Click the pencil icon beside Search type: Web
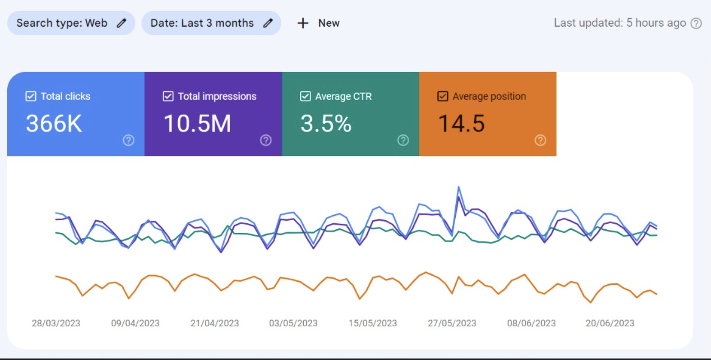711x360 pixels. pyautogui.click(x=122, y=23)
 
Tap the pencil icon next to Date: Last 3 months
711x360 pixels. pyautogui.click(x=268, y=23)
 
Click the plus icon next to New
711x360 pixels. pyautogui.click(x=303, y=23)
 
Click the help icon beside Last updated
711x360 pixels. pyautogui.click(x=696, y=23)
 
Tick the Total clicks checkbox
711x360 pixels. pyautogui.click(x=31, y=96)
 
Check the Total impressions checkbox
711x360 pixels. pyautogui.click(x=168, y=96)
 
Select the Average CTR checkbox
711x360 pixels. pyautogui.click(x=305, y=96)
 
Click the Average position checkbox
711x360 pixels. pyautogui.click(x=443, y=96)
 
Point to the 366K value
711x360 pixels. pyautogui.click(x=54, y=124)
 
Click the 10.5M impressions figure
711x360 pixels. pyautogui.click(x=197, y=124)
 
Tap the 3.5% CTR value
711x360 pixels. pyautogui.click(x=326, y=124)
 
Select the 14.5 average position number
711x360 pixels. pyautogui.click(x=461, y=124)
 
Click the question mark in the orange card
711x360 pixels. pyautogui.click(x=540, y=140)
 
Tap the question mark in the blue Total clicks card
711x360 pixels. pyautogui.click(x=129, y=140)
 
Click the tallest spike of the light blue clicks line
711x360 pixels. pyautogui.click(x=458, y=187)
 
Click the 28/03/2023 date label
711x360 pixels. pyautogui.click(x=56, y=323)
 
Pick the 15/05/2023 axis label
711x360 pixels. pyautogui.click(x=373, y=323)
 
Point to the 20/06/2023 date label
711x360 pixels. pyautogui.click(x=610, y=323)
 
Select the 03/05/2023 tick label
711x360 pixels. pyautogui.click(x=293, y=323)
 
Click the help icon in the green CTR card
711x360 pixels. pyautogui.click(x=403, y=140)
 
